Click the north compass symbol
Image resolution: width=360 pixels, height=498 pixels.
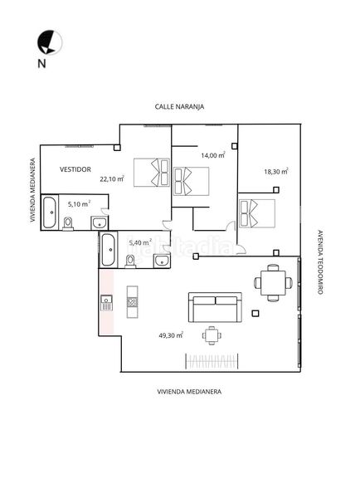coord(50,42)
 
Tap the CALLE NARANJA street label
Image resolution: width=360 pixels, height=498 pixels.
coord(179,107)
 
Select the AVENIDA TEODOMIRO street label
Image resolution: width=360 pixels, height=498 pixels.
coord(320,262)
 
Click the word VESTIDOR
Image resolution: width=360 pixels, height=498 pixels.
coord(75,169)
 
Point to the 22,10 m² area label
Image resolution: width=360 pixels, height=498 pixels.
coord(112,178)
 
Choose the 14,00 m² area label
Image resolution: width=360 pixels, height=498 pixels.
coord(213,155)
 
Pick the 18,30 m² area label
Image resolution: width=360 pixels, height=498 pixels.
coord(276,171)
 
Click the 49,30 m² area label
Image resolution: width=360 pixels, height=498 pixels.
coord(171,335)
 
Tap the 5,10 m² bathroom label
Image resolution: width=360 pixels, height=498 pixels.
coord(79,204)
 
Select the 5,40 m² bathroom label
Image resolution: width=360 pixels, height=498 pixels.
coord(140,242)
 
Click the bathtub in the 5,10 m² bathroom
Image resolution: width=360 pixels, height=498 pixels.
coord(50,212)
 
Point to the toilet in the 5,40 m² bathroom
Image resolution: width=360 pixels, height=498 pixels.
coord(130,261)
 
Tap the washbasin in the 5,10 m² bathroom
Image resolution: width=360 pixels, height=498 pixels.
coord(100,222)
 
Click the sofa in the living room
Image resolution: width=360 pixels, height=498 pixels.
coord(215,307)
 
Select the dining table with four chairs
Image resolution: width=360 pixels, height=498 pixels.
coord(273,283)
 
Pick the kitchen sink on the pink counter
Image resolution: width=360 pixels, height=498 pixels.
coord(106,303)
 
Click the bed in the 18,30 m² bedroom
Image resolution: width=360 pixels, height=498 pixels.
coord(257,213)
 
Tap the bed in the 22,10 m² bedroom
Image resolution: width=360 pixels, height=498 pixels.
coord(152,173)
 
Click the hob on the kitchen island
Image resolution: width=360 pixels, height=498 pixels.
coord(133,302)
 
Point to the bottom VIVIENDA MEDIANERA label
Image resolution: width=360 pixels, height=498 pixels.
coord(189,392)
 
